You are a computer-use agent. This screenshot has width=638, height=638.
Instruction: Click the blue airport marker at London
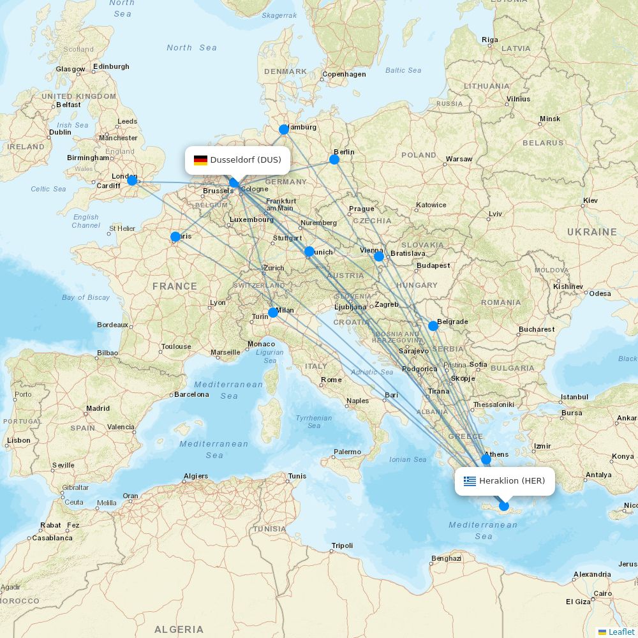132,181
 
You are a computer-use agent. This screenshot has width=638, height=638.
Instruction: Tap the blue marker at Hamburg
284,130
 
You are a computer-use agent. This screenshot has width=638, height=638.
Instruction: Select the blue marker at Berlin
334,159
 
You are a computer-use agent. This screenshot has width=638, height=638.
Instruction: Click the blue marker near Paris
175,237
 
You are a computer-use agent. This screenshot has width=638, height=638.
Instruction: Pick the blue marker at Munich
309,251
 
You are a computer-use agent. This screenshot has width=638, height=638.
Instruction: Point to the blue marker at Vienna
379,256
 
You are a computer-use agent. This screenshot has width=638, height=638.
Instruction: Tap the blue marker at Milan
273,312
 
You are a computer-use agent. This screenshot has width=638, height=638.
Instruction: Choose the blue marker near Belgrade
433,326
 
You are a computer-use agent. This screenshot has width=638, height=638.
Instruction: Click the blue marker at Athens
486,459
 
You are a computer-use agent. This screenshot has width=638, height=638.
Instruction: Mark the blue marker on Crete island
504,506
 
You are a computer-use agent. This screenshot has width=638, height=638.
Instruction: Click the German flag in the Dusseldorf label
201,160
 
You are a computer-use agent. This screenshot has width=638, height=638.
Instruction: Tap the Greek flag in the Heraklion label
470,481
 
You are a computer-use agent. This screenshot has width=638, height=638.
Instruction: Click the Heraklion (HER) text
512,481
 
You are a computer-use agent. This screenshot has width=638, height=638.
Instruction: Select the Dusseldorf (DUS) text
246,160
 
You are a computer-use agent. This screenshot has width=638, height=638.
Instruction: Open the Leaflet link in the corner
621,632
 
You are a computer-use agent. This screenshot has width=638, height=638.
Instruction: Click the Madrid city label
98,408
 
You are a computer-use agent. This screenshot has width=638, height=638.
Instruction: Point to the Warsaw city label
459,159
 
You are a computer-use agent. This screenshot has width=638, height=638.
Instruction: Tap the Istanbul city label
574,397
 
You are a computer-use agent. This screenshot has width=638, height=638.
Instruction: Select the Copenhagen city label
344,74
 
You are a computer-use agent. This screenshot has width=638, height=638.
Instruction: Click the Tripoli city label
342,545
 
